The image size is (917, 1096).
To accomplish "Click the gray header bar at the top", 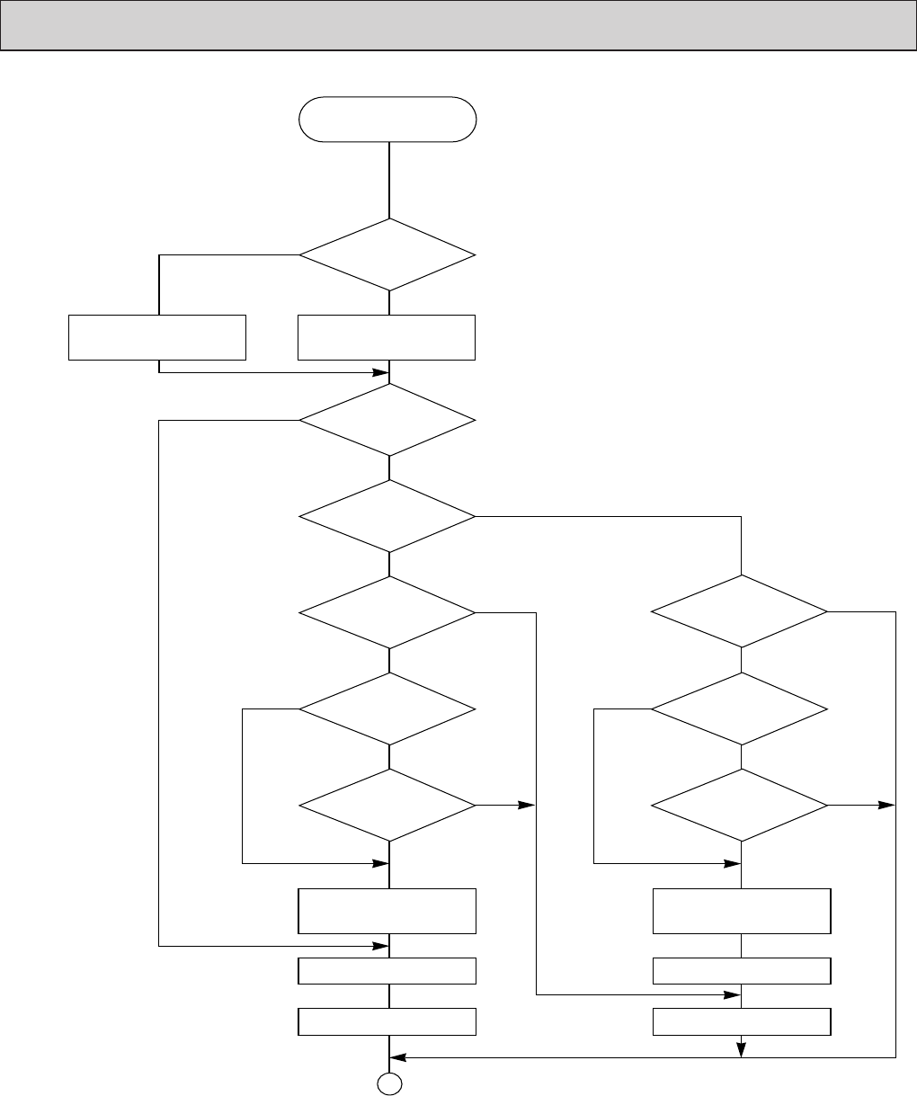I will [x=458, y=25].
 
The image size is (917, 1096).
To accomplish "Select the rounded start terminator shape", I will [x=387, y=119].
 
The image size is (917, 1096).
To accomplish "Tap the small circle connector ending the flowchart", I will [x=387, y=1085].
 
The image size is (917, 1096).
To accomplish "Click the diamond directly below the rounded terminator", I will [x=387, y=255].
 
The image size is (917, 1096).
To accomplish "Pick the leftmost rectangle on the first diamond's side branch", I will [x=157, y=337].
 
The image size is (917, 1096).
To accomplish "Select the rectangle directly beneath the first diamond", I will [x=387, y=337].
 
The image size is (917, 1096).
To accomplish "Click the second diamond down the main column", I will [x=387, y=421].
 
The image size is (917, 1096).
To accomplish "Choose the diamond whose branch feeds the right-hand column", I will [x=387, y=516].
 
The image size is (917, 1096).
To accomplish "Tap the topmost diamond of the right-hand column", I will [x=740, y=611].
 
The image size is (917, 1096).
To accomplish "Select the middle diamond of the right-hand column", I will [x=740, y=708].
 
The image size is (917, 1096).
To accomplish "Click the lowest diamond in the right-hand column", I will [x=740, y=805].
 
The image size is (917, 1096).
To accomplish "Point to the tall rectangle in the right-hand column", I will [x=741, y=911].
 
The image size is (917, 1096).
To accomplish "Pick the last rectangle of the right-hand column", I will [x=741, y=1021].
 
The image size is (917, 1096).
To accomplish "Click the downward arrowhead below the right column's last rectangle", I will [x=741, y=1048].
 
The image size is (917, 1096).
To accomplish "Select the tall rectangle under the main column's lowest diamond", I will [x=387, y=911].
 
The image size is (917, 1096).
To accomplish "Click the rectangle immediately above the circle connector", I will [x=387, y=1021].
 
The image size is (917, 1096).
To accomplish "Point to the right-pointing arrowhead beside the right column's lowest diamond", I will [x=887, y=805].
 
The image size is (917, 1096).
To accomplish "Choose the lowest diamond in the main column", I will [x=387, y=805].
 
